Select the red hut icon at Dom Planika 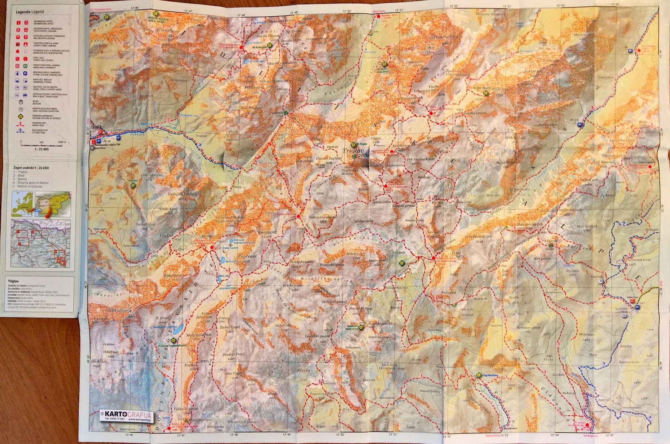(385, 186)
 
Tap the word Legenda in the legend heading (23, 12)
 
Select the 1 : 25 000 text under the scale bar (41, 149)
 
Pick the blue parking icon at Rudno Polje (637, 307)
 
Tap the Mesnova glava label (528, 328)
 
